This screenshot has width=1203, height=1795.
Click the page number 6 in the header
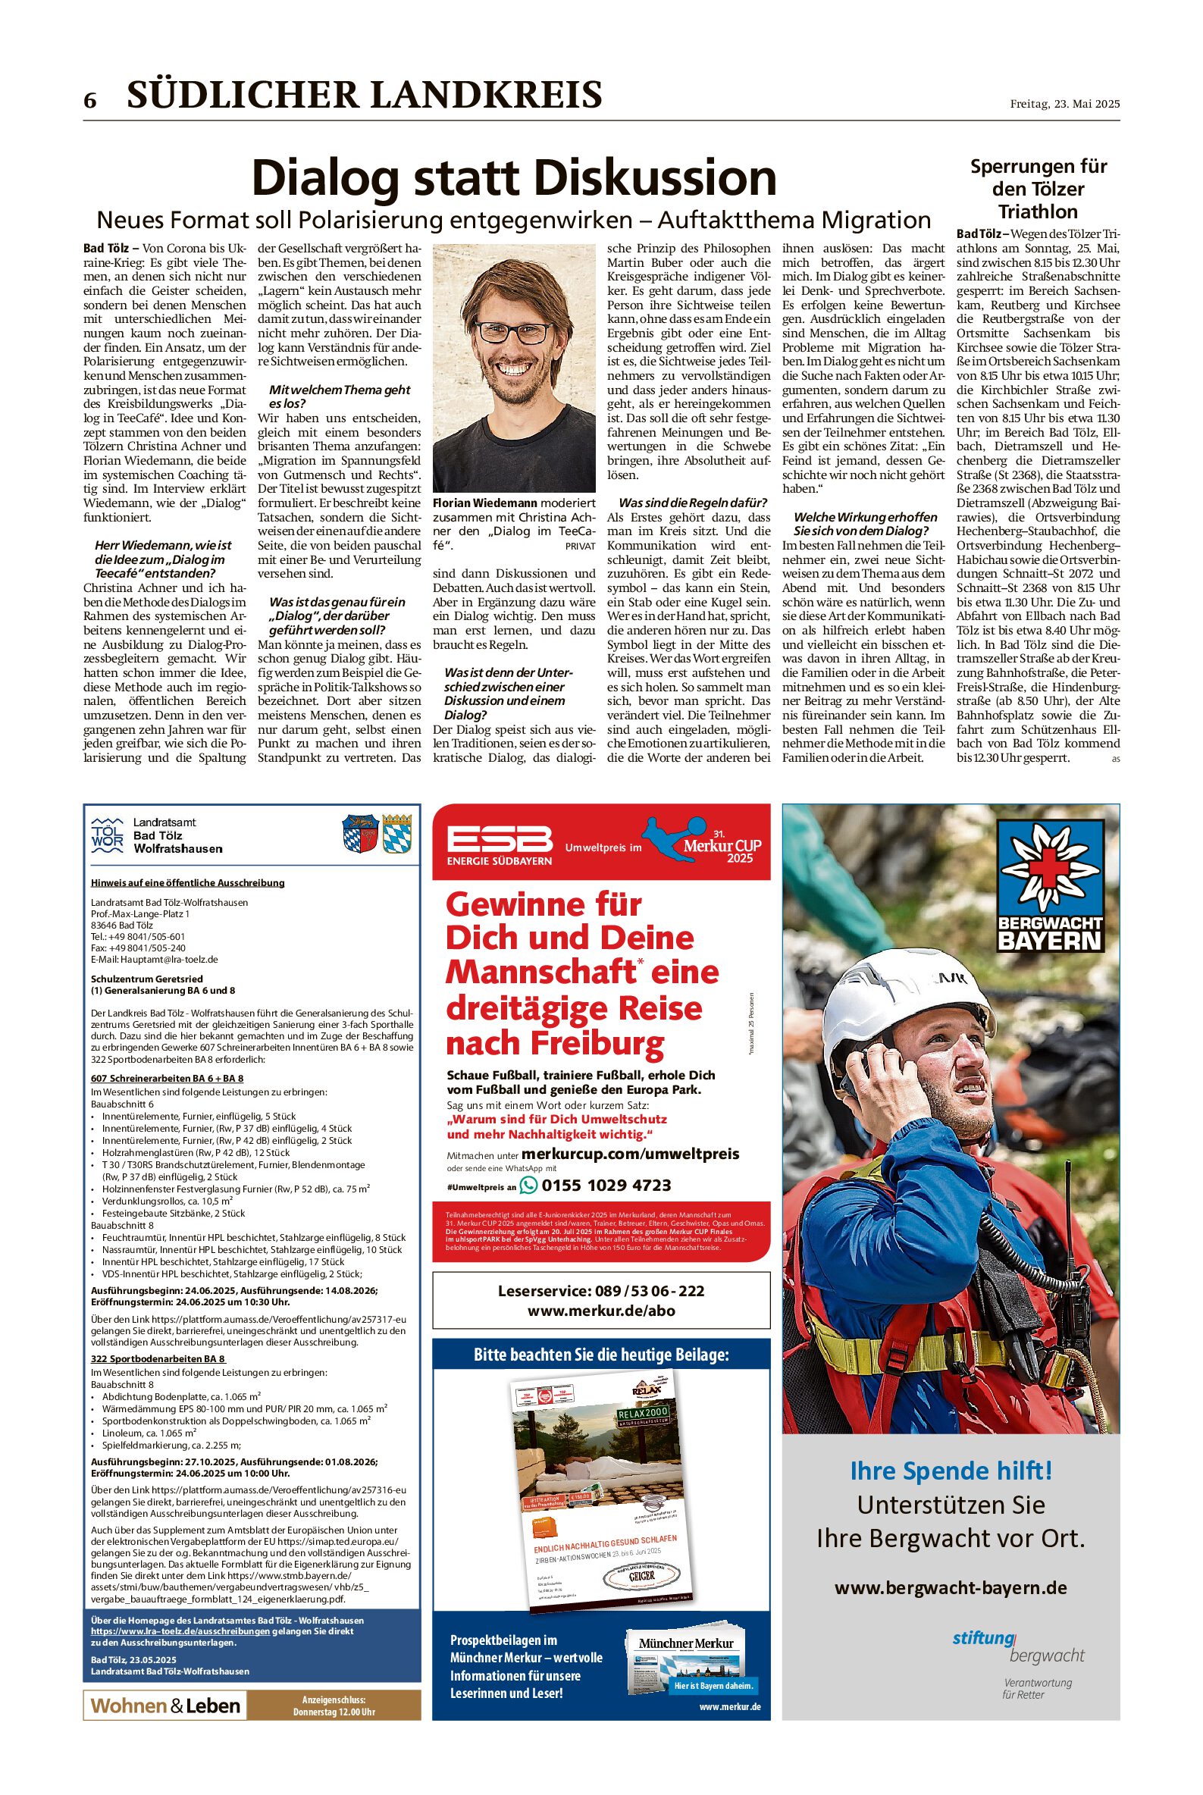tap(90, 101)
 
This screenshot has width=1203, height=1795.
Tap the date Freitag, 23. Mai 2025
tap(1064, 104)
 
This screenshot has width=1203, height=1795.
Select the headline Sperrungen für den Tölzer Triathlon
tap(1038, 189)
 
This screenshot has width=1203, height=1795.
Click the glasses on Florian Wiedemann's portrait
tap(512, 332)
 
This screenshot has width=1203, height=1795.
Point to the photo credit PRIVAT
tap(580, 547)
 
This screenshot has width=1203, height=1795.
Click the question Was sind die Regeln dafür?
tap(693, 503)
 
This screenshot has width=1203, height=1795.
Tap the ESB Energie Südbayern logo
tap(500, 844)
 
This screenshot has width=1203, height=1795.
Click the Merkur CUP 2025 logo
tap(708, 841)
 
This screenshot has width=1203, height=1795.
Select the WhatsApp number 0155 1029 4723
tap(606, 1185)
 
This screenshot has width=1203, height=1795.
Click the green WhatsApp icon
tap(528, 1185)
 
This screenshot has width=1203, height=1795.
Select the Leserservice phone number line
tap(600, 1290)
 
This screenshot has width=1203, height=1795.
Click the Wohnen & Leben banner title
tap(165, 1706)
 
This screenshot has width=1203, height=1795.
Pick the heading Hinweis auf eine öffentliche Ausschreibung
tap(187, 882)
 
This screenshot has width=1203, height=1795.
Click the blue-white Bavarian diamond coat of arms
tap(396, 833)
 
